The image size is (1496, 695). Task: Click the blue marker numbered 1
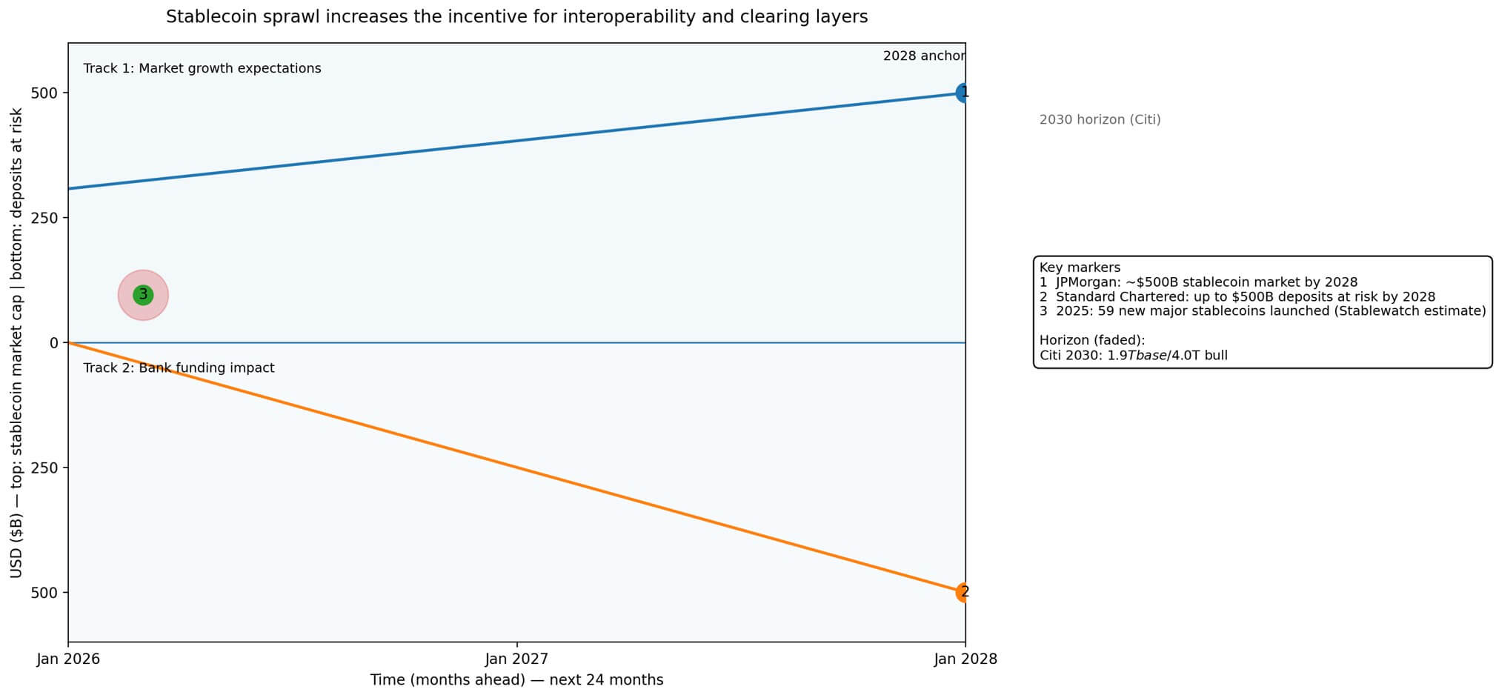tap(963, 93)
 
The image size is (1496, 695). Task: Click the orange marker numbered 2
tap(963, 592)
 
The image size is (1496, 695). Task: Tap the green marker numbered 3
tap(143, 295)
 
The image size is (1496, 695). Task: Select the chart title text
tap(516, 16)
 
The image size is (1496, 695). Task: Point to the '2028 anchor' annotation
tap(923, 56)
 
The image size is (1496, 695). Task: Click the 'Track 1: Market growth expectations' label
tap(202, 68)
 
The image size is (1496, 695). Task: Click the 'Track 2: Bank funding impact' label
tap(179, 368)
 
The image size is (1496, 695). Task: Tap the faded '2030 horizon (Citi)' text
tap(1100, 119)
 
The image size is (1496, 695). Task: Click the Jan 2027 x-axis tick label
tap(516, 659)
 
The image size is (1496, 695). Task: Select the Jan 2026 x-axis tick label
tap(68, 659)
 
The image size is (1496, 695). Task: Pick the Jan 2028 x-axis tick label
tap(965, 659)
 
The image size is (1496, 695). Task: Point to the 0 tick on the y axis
tap(54, 342)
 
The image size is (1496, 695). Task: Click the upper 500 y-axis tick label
tap(44, 93)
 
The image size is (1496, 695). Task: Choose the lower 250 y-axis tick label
tap(44, 468)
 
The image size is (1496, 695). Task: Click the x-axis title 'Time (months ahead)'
tap(516, 679)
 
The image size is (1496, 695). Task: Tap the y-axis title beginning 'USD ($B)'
tap(16, 342)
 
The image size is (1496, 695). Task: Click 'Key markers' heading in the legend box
tap(1080, 267)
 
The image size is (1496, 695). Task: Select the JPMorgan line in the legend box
tap(1198, 282)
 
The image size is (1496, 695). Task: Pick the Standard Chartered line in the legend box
tap(1237, 296)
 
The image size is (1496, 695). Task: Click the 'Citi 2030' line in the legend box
tap(1133, 355)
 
